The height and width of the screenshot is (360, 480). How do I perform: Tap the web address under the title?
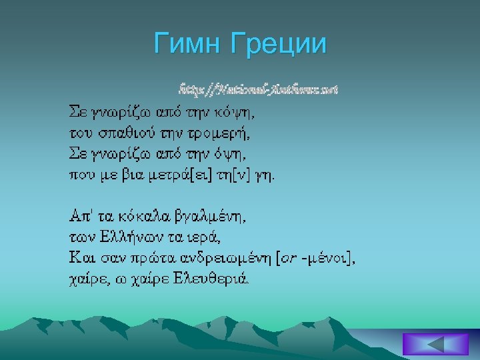pos(258,88)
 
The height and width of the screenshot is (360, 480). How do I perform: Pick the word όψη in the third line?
pos(226,145)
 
